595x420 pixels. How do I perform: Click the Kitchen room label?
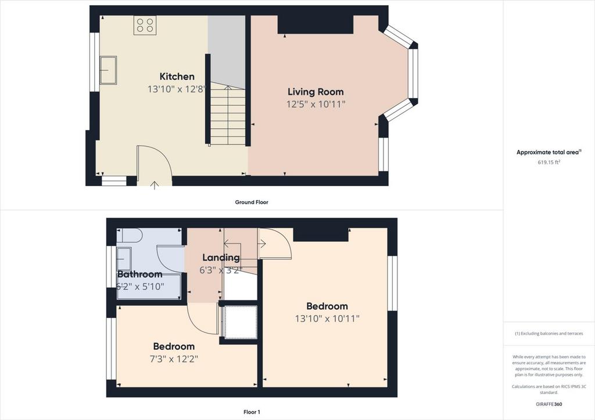(177, 77)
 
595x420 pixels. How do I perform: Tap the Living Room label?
(316, 92)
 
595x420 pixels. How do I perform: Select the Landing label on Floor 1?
(221, 258)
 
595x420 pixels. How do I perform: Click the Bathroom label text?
(139, 274)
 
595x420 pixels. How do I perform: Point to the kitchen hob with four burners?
(145, 26)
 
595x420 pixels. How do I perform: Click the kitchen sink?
(108, 70)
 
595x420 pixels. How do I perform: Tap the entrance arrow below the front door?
(155, 185)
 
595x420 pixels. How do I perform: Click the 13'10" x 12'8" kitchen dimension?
(177, 89)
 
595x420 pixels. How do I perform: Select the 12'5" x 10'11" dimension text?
(316, 104)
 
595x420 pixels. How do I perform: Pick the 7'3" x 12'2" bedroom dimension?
(174, 359)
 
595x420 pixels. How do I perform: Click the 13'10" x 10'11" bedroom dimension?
(327, 318)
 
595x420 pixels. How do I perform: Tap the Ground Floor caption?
(252, 202)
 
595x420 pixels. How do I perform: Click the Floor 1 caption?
(252, 412)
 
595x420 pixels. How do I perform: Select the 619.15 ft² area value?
(549, 162)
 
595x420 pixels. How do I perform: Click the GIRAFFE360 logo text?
(549, 404)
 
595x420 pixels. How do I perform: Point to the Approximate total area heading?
(549, 152)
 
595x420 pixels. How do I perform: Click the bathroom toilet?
(129, 235)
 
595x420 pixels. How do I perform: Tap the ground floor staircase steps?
(228, 115)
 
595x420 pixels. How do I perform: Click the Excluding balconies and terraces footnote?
(549, 334)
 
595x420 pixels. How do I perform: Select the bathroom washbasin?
(124, 259)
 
